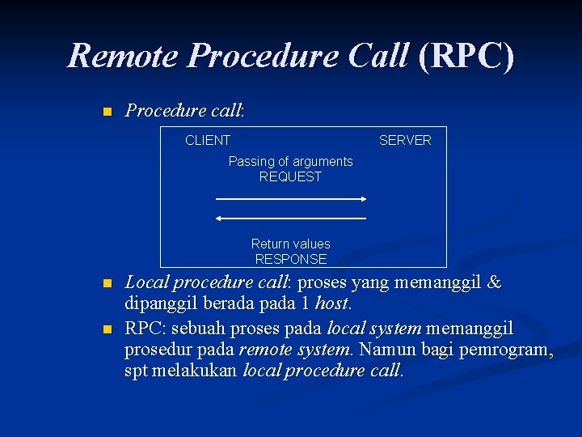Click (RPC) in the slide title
466,56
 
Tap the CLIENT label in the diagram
208,140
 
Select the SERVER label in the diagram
405,140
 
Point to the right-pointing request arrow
292,198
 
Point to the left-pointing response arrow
292,218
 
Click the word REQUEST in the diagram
290,176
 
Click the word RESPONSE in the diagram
291,259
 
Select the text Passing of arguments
290,161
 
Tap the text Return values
290,244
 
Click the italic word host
331,304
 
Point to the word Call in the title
377,56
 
